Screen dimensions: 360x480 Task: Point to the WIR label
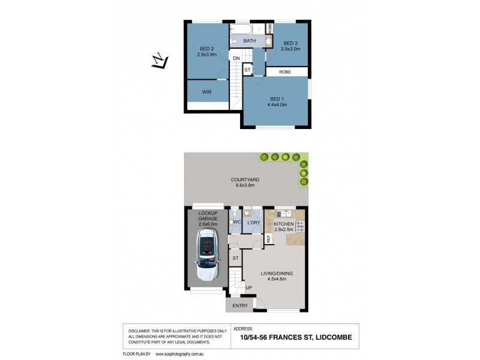[206, 92]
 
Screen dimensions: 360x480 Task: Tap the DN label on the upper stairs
[236, 58]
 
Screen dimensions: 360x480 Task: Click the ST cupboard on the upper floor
[247, 70]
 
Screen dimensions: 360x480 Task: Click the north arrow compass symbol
[159, 62]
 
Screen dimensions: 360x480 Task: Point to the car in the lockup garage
[206, 257]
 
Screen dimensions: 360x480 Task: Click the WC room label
[237, 223]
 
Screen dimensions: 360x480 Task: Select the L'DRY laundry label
[254, 223]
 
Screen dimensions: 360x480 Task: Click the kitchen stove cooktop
[299, 227]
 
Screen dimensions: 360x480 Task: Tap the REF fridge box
[268, 239]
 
